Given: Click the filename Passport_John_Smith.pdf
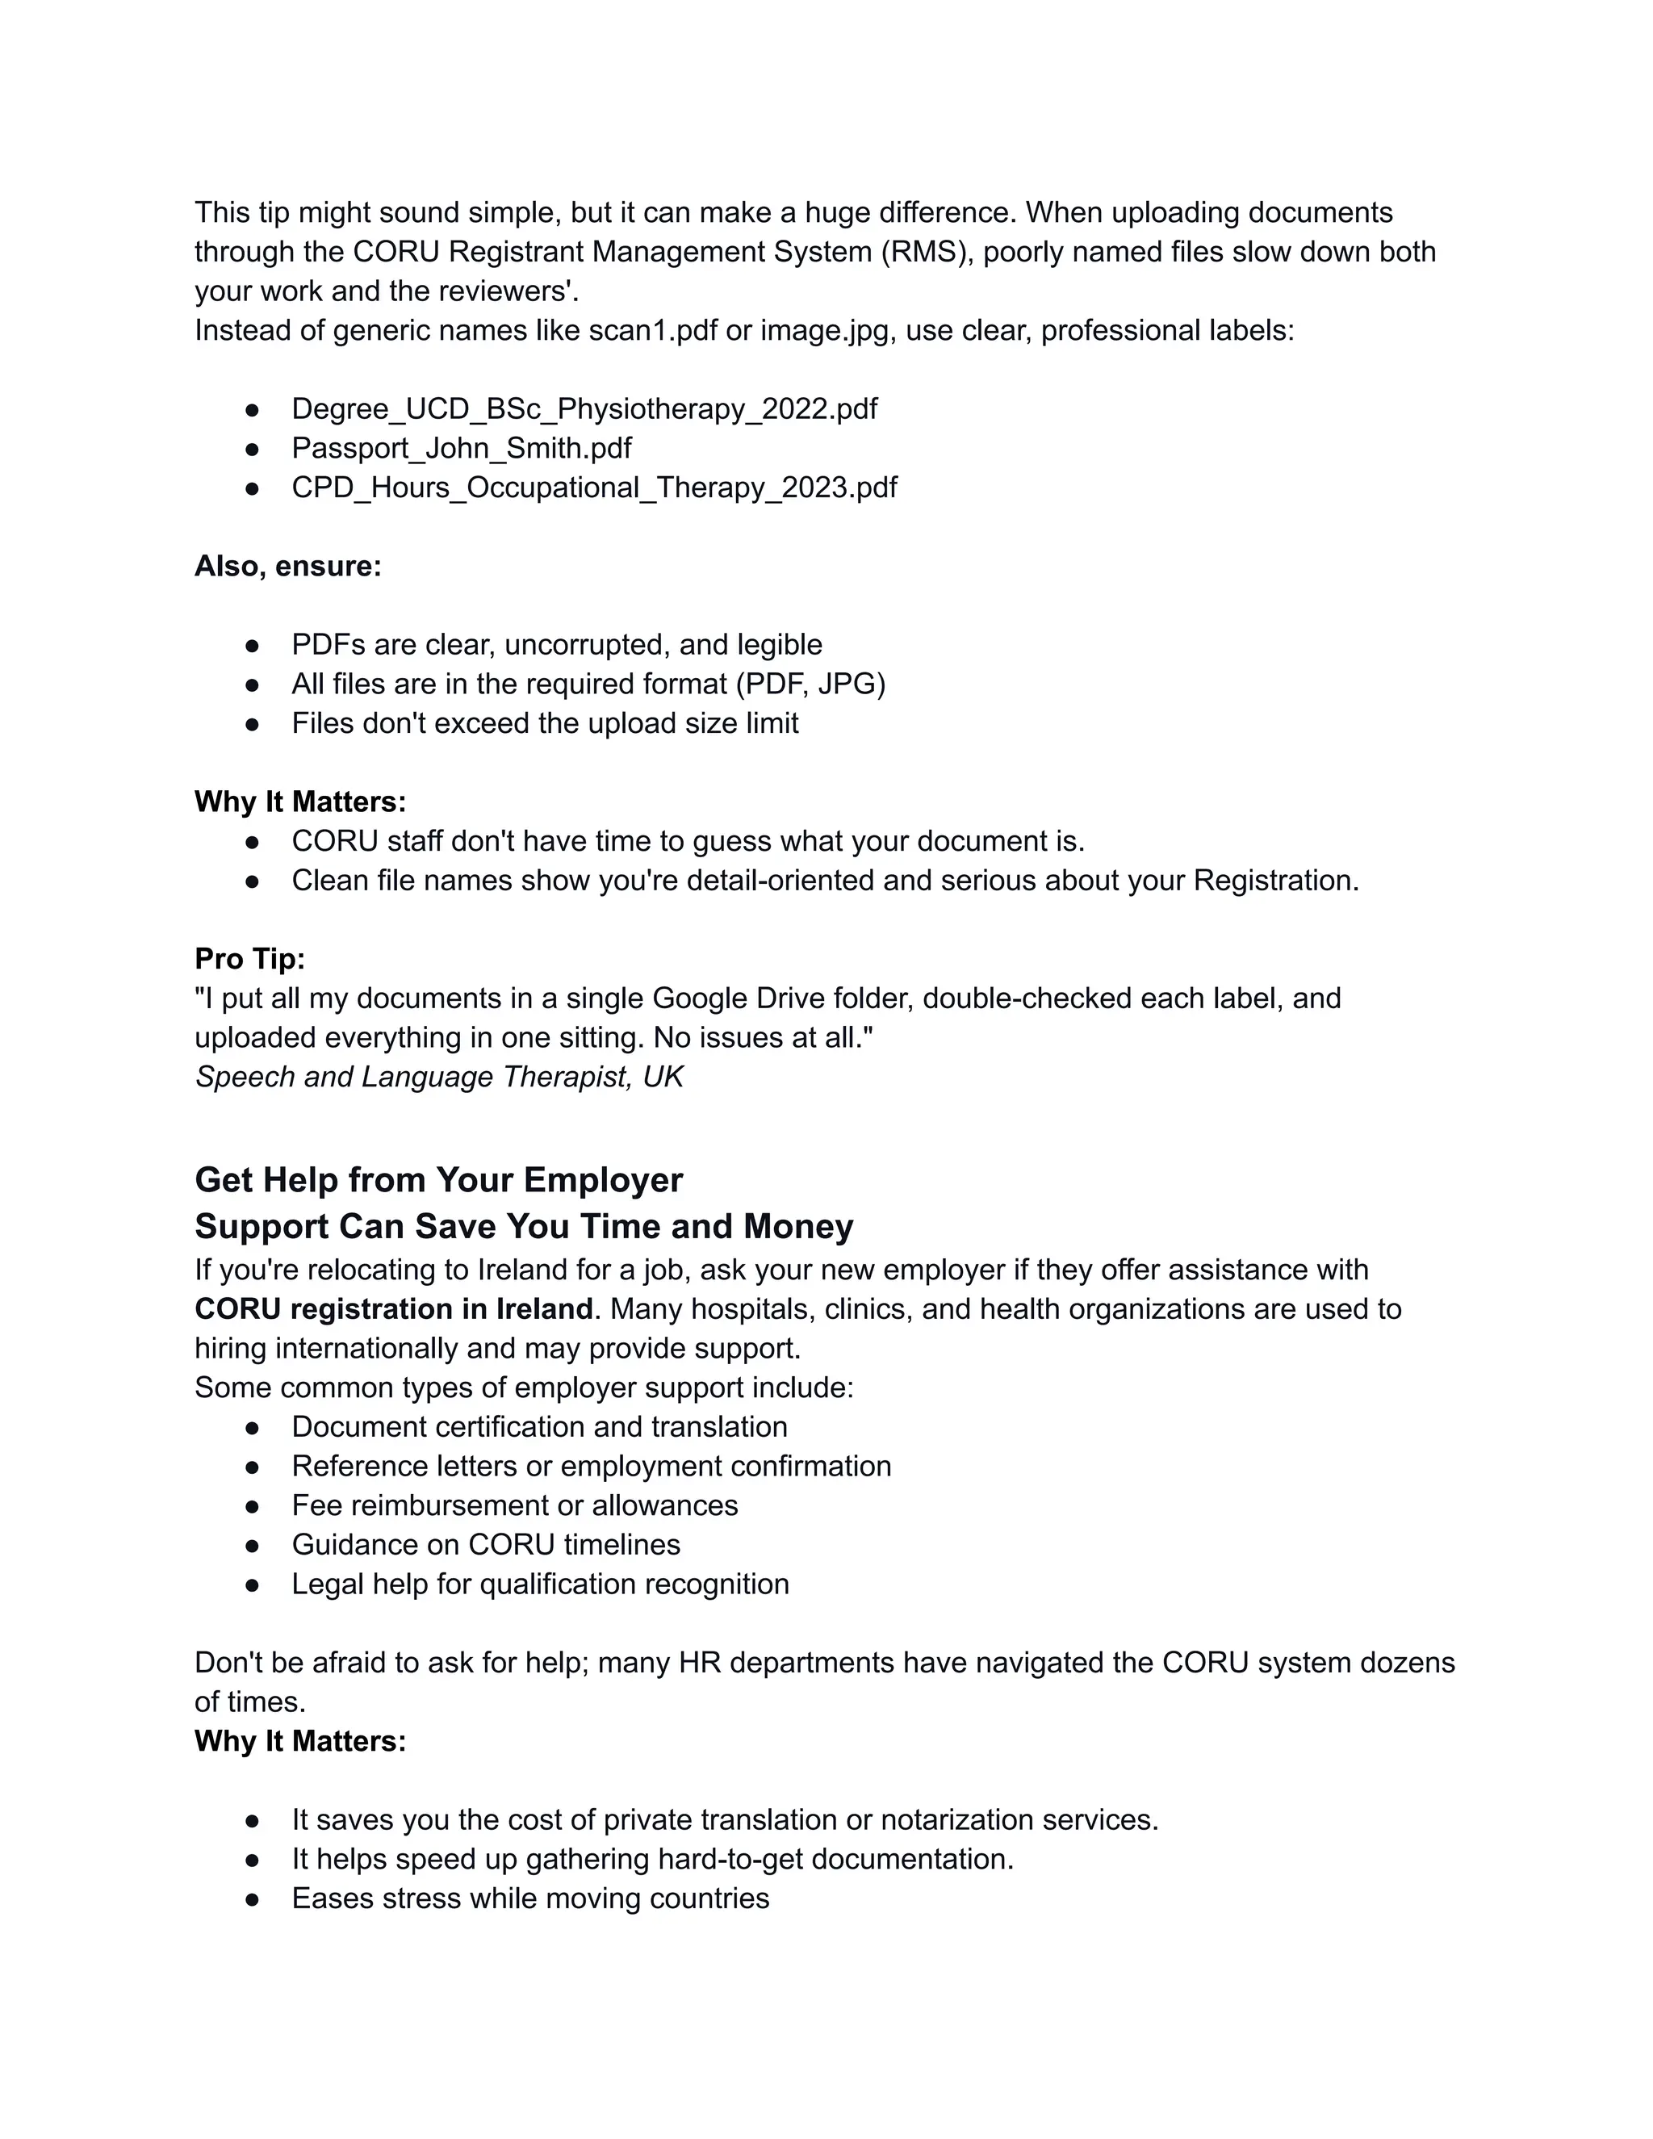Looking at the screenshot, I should pos(461,449).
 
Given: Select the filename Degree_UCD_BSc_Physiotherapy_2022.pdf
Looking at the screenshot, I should pos(584,409).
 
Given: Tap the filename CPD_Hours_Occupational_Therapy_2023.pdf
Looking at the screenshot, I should pos(593,488).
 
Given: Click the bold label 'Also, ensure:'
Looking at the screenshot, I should pos(288,566).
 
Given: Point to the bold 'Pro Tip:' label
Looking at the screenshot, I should pos(249,959).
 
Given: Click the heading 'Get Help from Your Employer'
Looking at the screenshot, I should pos(439,1180).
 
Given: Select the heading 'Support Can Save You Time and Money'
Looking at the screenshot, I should pos(524,1227).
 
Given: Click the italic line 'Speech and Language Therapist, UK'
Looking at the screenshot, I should pos(439,1078).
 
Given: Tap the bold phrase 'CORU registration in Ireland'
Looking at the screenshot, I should pos(394,1309).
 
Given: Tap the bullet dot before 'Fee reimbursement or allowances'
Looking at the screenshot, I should pos(253,1506).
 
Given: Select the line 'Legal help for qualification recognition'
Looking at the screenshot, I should pos(540,1584).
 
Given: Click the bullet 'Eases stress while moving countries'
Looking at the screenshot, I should pos(529,1899).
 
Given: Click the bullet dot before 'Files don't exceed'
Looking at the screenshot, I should pos(253,725).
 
